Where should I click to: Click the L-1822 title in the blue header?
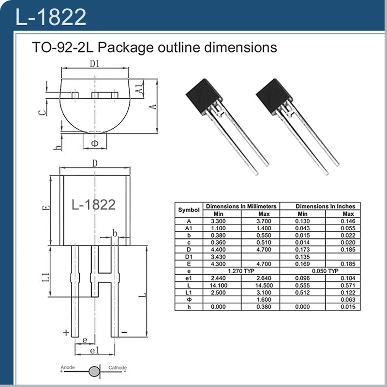pos(51,17)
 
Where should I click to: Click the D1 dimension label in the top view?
pos(95,64)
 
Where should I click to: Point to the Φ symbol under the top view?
pos(95,143)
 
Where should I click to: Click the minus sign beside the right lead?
pos(124,333)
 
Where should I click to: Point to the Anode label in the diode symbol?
pos(67,368)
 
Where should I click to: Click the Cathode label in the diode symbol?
pos(118,368)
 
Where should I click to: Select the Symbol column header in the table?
pos(189,210)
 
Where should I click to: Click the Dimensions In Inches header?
pos(325,206)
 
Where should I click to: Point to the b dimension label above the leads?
pos(115,234)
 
